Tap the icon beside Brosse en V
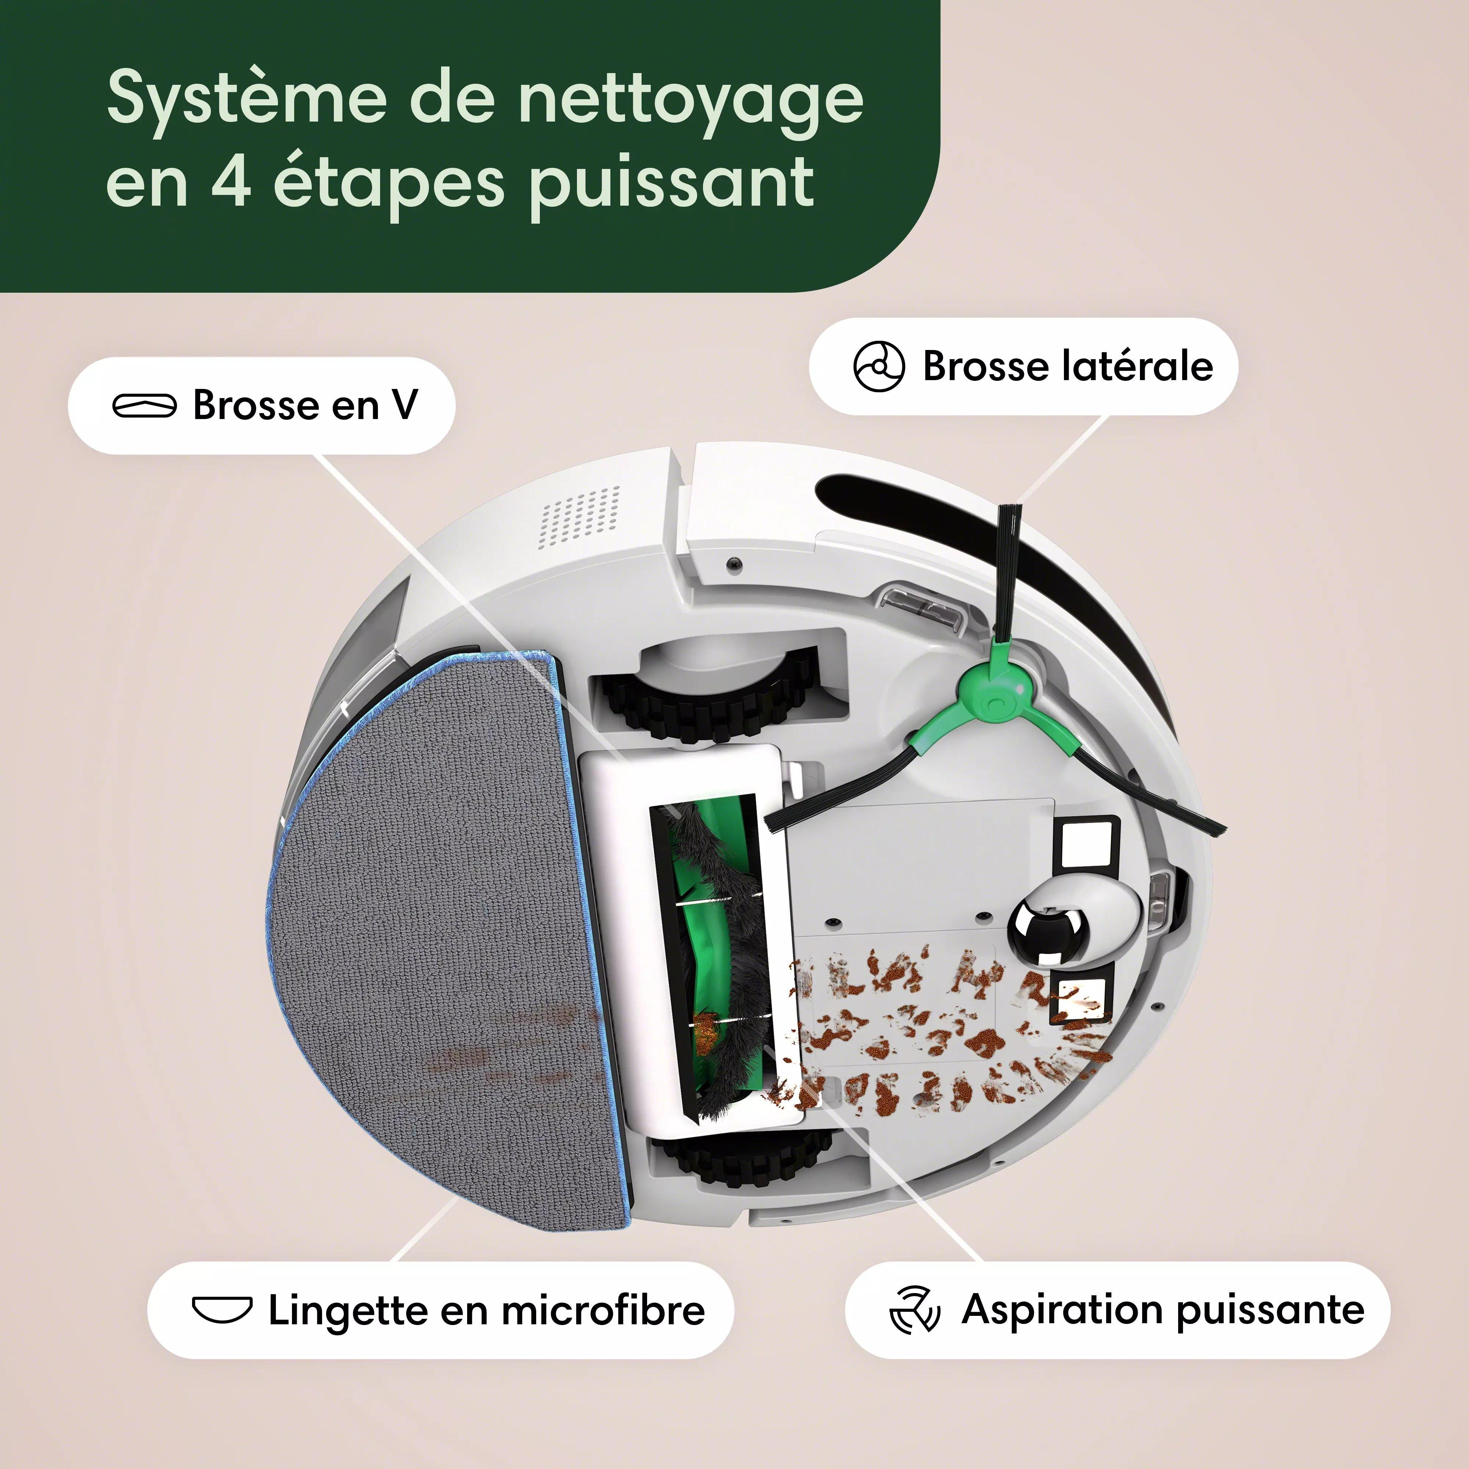(144, 405)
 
